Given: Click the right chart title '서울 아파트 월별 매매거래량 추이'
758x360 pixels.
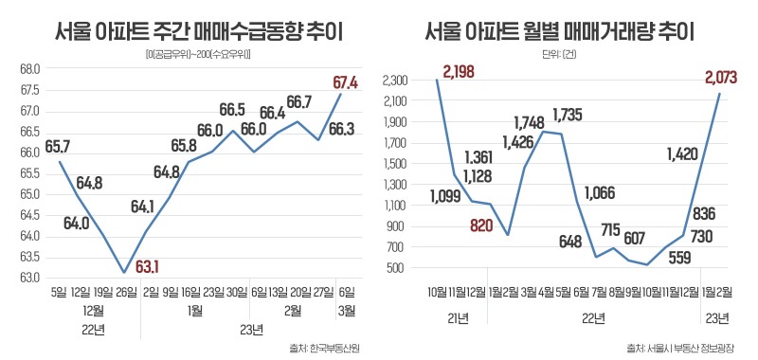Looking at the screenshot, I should tap(560, 34).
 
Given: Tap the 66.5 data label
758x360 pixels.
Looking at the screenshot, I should tap(232, 110).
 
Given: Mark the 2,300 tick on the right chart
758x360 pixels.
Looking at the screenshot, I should tap(396, 81).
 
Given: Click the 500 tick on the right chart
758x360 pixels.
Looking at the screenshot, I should tap(401, 268).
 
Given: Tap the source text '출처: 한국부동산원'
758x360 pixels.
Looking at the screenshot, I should tap(325, 347).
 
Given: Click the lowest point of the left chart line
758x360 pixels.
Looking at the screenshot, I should tap(124, 272).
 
